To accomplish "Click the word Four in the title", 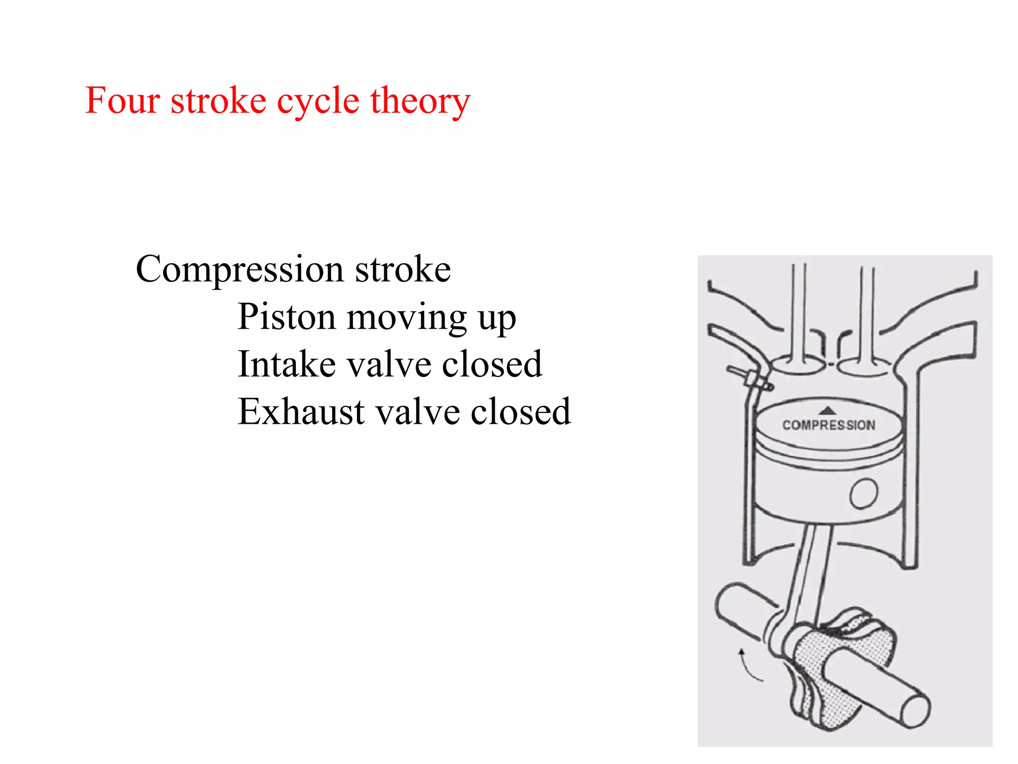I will tap(122, 100).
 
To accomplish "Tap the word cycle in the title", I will tap(318, 101).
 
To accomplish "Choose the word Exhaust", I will tap(301, 412).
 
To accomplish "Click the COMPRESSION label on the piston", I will tap(829, 425).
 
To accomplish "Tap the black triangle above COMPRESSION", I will tap(828, 410).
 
